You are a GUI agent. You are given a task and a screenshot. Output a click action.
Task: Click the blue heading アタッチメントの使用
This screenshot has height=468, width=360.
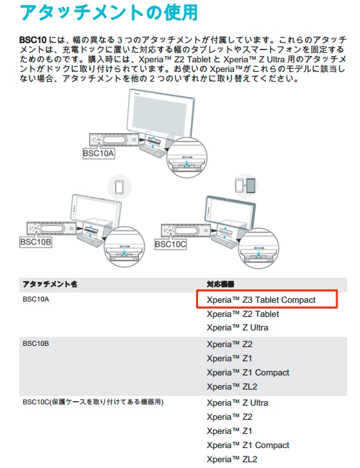109,12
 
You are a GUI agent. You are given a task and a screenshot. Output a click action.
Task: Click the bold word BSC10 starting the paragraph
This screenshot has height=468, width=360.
33,40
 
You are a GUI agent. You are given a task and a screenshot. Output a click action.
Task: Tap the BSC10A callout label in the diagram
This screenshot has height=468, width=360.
98,154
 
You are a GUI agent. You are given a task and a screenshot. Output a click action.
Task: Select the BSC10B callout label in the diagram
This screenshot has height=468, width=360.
35,242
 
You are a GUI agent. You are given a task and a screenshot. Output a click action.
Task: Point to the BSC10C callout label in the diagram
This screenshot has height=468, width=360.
170,244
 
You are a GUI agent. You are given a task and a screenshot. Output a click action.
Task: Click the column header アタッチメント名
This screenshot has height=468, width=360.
50,284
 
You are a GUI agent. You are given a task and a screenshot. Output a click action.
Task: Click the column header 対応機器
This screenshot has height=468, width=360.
221,284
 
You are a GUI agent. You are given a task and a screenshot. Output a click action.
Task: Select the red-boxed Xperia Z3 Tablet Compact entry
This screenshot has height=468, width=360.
261,300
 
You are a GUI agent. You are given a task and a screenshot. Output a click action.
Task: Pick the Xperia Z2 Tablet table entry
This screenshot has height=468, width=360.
243,314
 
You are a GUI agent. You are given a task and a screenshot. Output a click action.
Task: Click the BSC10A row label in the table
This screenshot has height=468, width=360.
36,299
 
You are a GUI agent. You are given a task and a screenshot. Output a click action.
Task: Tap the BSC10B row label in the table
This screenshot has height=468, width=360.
36,343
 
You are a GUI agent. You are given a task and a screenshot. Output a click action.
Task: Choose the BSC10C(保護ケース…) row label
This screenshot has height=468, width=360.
93,402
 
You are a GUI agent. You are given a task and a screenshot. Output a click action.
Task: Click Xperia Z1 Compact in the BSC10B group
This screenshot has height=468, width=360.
248,372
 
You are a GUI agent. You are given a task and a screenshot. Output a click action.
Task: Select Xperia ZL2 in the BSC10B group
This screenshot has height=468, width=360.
232,387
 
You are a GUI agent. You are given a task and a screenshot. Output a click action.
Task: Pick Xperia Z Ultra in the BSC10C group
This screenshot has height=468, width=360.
238,403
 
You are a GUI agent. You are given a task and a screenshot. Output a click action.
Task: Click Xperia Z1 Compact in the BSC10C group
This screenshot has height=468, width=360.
248,446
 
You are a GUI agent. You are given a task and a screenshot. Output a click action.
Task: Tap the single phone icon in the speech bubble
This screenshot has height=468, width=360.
120,188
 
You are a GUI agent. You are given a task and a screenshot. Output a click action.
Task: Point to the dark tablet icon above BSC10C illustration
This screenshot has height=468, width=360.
251,185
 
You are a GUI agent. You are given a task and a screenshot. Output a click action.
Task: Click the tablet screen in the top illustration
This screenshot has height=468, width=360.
160,113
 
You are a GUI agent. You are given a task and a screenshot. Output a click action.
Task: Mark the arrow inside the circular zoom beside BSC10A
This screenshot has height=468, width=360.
187,163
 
